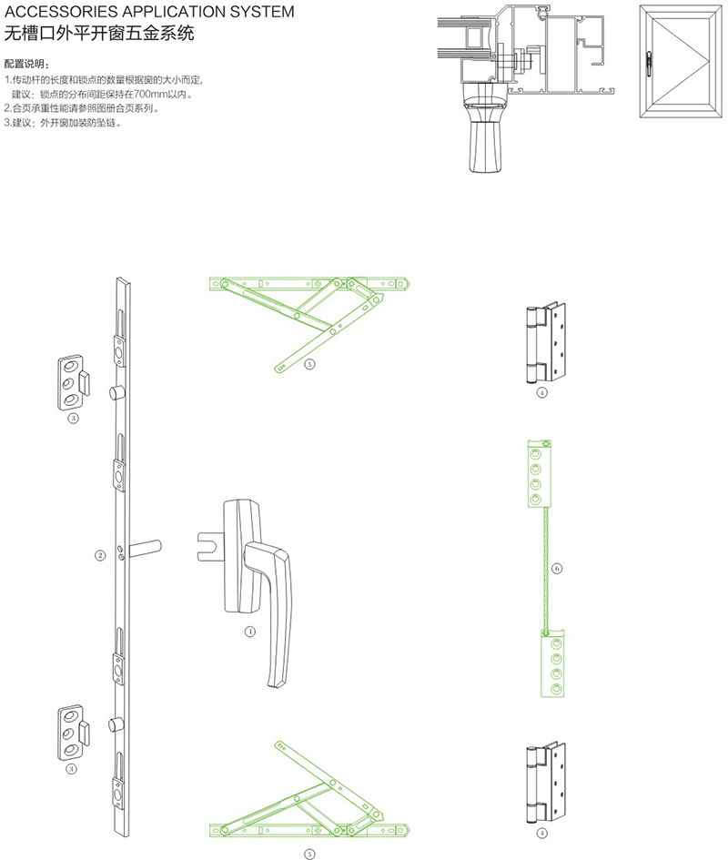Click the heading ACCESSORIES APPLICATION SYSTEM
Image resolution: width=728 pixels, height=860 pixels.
[x=149, y=13]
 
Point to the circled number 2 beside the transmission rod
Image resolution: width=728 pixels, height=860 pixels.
[x=101, y=554]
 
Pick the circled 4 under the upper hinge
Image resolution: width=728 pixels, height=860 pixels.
[x=542, y=393]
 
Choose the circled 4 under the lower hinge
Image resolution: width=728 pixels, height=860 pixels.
[x=542, y=832]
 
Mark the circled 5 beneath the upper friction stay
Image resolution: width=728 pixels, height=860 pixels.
[x=309, y=364]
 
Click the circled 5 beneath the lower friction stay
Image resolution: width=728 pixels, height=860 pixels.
[x=309, y=854]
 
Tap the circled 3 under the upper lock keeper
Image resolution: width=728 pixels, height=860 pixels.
[x=73, y=419]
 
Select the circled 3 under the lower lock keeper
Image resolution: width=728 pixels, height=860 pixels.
[x=73, y=769]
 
